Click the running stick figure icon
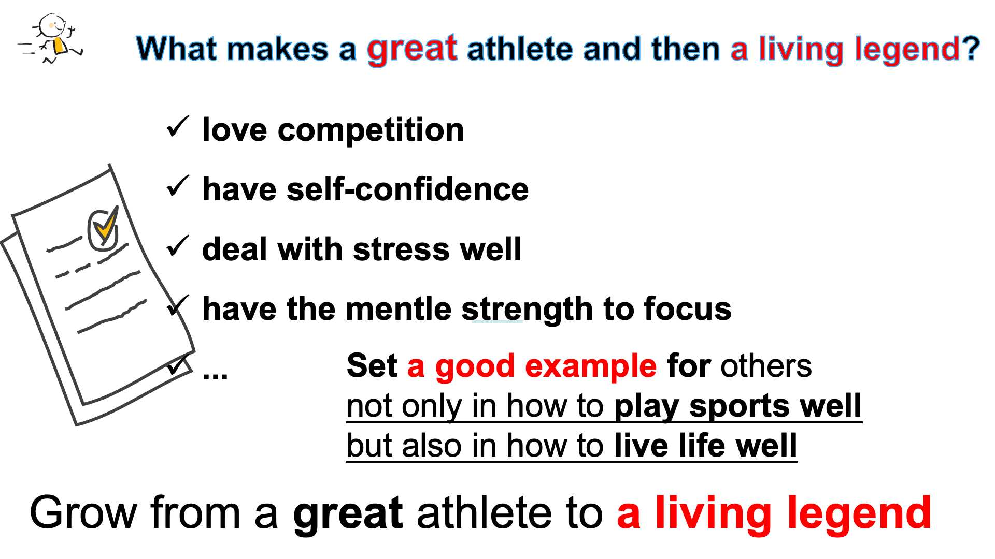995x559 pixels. click(50, 39)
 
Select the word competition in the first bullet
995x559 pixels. click(371, 130)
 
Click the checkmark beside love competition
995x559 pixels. click(178, 127)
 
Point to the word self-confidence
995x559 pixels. click(407, 189)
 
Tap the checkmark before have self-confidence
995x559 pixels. click(178, 186)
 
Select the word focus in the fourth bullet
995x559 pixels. click(687, 309)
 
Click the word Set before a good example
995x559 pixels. click(372, 366)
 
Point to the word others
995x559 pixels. click(765, 366)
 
